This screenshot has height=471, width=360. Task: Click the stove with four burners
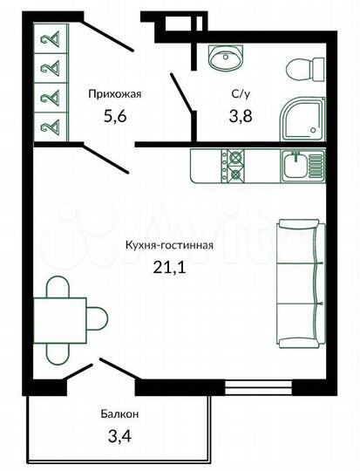(234, 165)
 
